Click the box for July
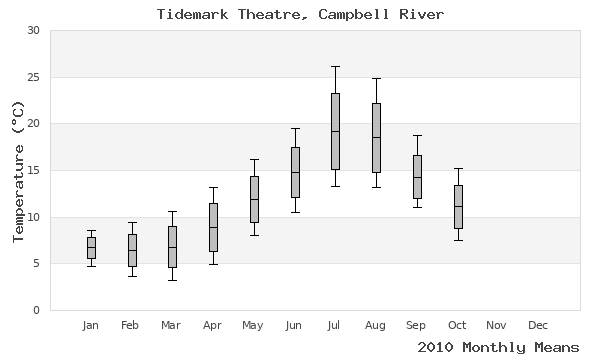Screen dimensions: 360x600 click(x=335, y=131)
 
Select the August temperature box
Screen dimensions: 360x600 click(x=376, y=137)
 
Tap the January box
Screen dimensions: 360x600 click(x=91, y=247)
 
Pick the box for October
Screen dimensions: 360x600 click(x=458, y=207)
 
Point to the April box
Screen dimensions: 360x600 click(x=213, y=227)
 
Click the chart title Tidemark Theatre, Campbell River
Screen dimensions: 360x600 click(x=300, y=14)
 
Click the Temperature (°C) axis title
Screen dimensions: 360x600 click(x=17, y=170)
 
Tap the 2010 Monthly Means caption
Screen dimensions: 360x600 click(x=497, y=347)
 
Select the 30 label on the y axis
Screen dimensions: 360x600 click(x=33, y=31)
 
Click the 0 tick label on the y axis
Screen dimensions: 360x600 click(x=36, y=310)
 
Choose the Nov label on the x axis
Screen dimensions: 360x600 click(x=497, y=325)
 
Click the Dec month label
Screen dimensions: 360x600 click(x=538, y=325)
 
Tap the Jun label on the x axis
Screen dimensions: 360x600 click(x=294, y=325)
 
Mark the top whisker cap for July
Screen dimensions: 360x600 click(x=335, y=66)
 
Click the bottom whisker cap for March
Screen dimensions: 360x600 click(x=172, y=280)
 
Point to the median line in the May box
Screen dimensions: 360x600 click(x=254, y=199)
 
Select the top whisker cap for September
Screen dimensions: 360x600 click(x=417, y=135)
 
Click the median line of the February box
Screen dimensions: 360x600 click(x=132, y=250)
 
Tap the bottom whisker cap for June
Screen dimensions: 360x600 click(x=294, y=212)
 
